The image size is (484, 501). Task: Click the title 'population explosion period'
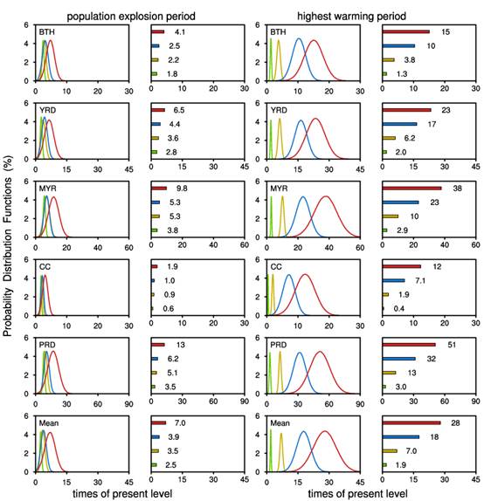click(x=131, y=16)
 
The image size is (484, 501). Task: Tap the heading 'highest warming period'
click(x=351, y=16)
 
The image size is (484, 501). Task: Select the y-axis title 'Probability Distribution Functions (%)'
click(x=8, y=246)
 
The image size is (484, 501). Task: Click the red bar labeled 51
click(x=409, y=345)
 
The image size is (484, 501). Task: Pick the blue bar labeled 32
click(x=399, y=359)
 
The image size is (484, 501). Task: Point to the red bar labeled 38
click(x=411, y=189)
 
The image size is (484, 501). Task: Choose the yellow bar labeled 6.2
click(x=389, y=138)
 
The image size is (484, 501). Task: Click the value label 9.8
click(x=182, y=189)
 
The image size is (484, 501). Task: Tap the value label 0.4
click(x=399, y=309)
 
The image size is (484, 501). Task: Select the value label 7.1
click(x=420, y=280)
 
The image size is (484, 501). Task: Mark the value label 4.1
click(x=180, y=32)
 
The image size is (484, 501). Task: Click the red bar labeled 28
click(x=411, y=423)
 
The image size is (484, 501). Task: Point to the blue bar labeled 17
click(x=399, y=124)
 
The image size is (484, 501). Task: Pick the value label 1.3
click(x=402, y=74)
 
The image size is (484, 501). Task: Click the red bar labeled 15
click(x=406, y=31)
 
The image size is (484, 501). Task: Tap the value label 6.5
click(x=179, y=110)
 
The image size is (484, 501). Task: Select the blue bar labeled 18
click(x=401, y=436)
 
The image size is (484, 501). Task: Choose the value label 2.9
click(x=402, y=230)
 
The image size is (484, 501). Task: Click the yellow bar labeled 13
click(x=389, y=373)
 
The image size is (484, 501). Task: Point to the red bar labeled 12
click(x=402, y=266)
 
